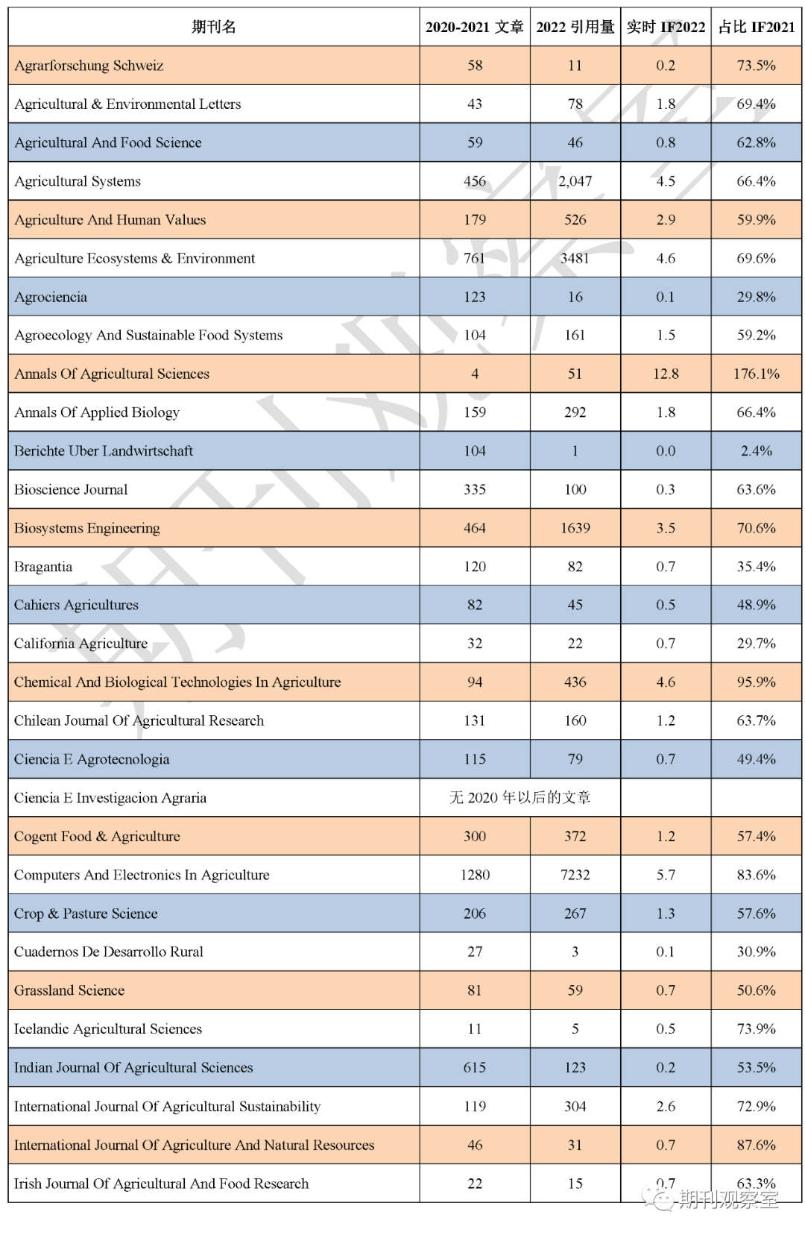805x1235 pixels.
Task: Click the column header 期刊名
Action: pyautogui.click(x=214, y=28)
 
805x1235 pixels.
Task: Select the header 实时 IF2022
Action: pyautogui.click(x=666, y=28)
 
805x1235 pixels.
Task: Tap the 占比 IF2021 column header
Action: pyautogui.click(x=756, y=28)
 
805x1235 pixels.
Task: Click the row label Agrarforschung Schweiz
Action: pyautogui.click(x=89, y=66)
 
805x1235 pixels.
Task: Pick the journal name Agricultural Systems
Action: pyautogui.click(x=78, y=181)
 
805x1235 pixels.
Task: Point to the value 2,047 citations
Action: pyautogui.click(x=575, y=181)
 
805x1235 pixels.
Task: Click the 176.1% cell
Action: pyautogui.click(x=756, y=374)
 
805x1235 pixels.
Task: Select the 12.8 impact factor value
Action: pyautogui.click(x=666, y=374)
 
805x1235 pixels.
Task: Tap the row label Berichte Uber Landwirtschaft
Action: pyautogui.click(x=104, y=451)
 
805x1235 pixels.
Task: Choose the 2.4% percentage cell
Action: pyautogui.click(x=756, y=451)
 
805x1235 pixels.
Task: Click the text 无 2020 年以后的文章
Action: pyautogui.click(x=520, y=798)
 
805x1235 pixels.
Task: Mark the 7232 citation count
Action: pyautogui.click(x=575, y=875)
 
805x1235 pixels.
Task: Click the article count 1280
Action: pyautogui.click(x=475, y=875)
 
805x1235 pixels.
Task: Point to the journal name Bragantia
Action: pyautogui.click(x=43, y=567)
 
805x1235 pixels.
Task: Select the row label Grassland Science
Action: pyautogui.click(x=69, y=990)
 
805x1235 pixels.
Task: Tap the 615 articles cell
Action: pyautogui.click(x=475, y=1068)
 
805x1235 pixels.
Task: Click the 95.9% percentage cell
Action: pyautogui.click(x=756, y=682)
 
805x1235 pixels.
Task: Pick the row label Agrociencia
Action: pyautogui.click(x=51, y=297)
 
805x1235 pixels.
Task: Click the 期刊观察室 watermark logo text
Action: pyautogui.click(x=727, y=1198)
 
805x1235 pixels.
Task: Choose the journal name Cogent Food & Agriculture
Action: pyautogui.click(x=97, y=837)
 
